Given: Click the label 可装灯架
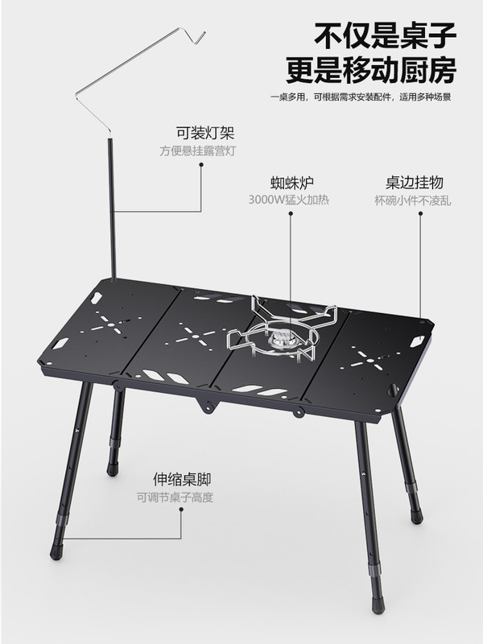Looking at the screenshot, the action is point(199,134).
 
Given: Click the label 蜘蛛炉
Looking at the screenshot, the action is point(288,183).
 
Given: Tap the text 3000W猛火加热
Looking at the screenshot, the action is point(288,200).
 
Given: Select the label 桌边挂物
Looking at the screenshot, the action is point(410,183).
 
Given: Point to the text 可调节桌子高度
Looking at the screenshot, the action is point(175,497).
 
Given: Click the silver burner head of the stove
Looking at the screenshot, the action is point(281,340).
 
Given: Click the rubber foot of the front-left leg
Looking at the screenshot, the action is point(56,553).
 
